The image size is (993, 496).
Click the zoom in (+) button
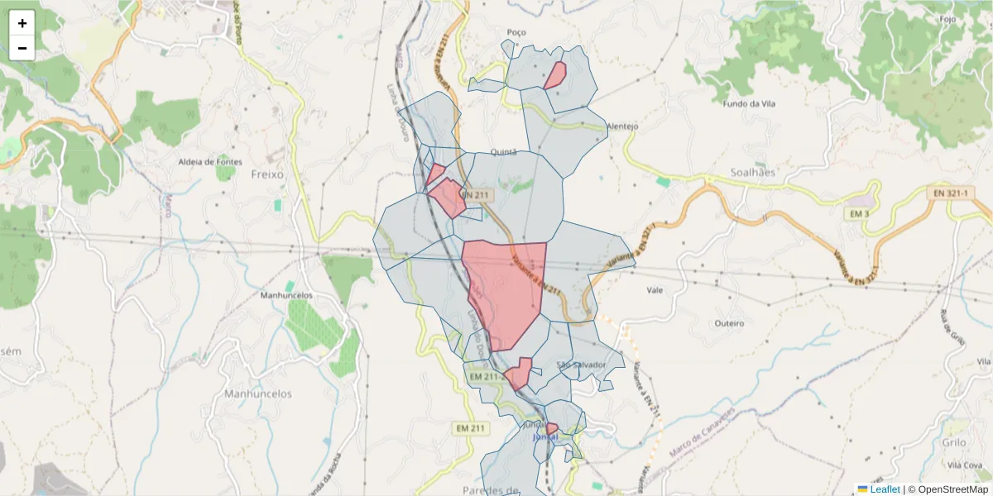point(22,23)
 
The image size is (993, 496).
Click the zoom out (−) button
point(22,48)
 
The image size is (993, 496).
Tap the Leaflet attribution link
point(884,489)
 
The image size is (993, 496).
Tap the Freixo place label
point(266,174)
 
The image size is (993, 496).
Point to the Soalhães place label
point(753,173)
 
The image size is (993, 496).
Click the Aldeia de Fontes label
point(210,161)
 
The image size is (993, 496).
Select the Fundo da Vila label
point(747,104)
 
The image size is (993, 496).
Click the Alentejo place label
point(622,126)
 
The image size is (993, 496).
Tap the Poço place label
point(516,31)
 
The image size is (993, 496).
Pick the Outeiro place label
point(729,322)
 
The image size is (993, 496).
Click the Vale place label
point(655,290)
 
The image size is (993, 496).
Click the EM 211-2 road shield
point(487,377)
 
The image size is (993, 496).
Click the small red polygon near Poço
point(555,75)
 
